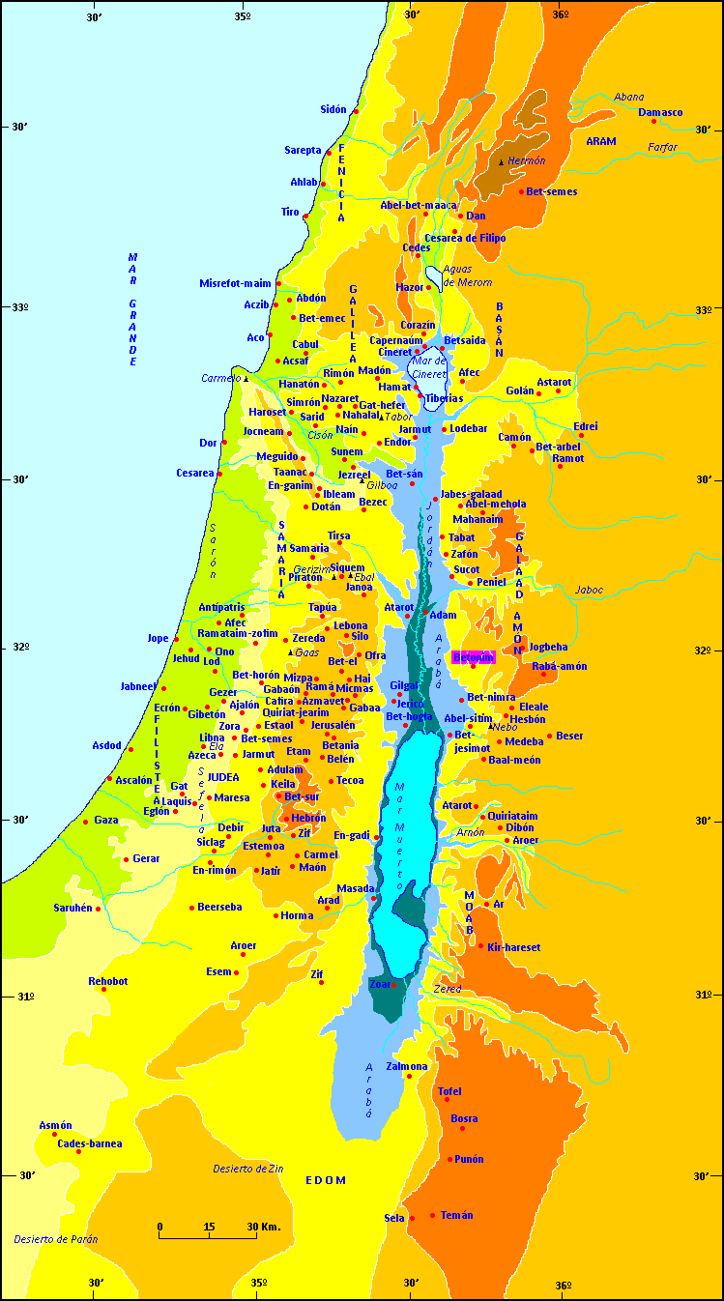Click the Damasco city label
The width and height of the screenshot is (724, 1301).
tap(660, 113)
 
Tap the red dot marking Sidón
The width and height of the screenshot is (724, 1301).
tap(356, 111)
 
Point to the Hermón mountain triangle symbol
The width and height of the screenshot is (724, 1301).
tap(501, 162)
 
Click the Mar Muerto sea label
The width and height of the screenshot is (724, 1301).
tap(398, 836)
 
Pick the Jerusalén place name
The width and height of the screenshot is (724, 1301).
tap(333, 725)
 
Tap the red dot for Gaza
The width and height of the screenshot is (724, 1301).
tap(86, 823)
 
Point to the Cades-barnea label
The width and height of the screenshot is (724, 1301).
tap(90, 1143)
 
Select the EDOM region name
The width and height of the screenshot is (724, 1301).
tap(325, 1180)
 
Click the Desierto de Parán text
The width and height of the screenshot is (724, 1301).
tap(55, 1239)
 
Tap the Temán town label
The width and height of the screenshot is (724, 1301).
tap(456, 1215)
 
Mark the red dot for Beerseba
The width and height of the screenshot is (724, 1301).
tap(192, 908)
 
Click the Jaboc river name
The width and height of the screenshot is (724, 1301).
tap(589, 590)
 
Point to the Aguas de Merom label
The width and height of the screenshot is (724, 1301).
tap(468, 275)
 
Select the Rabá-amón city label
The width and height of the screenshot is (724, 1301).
tap(559, 666)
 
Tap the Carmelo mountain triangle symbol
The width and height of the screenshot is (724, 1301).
tap(246, 379)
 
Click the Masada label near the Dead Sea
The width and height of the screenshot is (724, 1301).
tap(354, 888)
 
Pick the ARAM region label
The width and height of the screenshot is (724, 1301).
tap(600, 141)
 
